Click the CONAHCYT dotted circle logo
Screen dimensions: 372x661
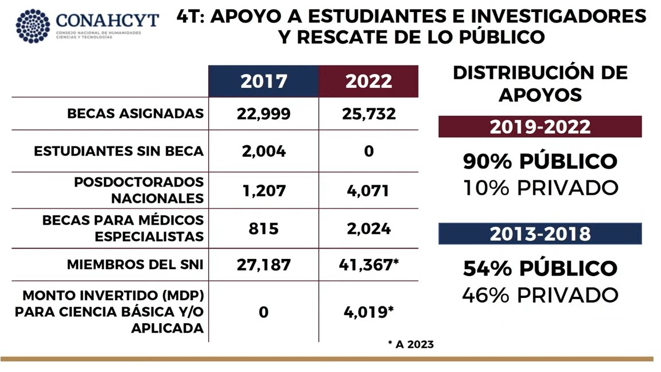point(33,26)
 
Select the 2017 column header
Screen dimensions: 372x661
point(263,81)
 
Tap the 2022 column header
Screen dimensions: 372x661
point(368,81)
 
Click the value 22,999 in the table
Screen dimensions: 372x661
point(263,114)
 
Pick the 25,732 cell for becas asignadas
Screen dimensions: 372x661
point(368,114)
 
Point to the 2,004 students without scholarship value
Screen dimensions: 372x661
point(263,151)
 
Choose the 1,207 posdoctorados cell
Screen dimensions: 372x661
point(263,190)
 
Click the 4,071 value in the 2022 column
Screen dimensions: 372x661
point(368,190)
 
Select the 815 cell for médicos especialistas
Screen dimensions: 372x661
point(263,228)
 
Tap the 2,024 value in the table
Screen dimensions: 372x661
point(368,228)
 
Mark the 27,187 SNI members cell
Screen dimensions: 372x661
point(263,265)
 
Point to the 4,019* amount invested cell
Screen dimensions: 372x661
point(368,312)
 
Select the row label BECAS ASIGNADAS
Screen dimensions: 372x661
point(135,114)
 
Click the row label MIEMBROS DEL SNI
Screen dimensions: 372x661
point(135,265)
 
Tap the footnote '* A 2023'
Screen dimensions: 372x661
point(410,344)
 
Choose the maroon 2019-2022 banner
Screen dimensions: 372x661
point(540,127)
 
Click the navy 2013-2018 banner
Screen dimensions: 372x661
point(540,234)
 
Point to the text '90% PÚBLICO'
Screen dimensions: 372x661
point(540,161)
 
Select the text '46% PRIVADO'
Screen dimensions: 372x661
point(540,295)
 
